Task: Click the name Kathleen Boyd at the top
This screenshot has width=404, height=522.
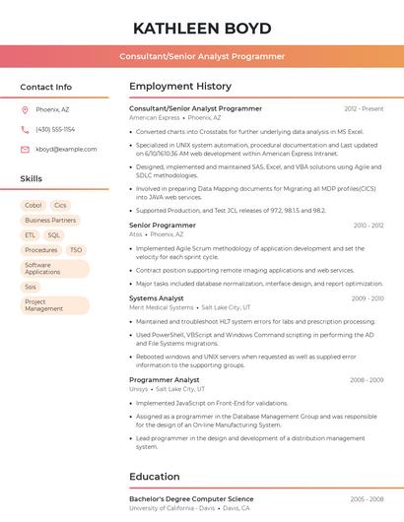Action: click(x=202, y=27)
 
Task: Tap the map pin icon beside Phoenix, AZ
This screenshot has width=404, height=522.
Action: click(x=25, y=110)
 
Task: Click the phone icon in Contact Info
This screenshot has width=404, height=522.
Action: click(x=25, y=129)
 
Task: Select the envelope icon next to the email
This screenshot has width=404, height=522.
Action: click(x=25, y=149)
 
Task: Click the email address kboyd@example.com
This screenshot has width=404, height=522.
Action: click(x=59, y=149)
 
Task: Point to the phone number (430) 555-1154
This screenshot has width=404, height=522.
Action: click(x=55, y=129)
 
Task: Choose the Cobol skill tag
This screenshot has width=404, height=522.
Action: click(x=33, y=205)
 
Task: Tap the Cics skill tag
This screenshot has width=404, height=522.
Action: click(x=61, y=205)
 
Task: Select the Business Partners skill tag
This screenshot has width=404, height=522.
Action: click(x=50, y=221)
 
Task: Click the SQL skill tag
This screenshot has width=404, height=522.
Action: click(x=54, y=235)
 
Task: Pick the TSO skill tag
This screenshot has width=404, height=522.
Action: click(x=76, y=250)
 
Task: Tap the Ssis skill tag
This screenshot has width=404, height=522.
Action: click(x=31, y=287)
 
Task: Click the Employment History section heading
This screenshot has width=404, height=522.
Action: click(x=180, y=87)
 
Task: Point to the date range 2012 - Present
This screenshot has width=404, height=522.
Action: click(x=364, y=108)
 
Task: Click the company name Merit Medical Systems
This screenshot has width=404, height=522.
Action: click(x=162, y=307)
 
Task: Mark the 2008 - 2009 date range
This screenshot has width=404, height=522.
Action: click(x=367, y=379)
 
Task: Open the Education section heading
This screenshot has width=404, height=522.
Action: click(x=154, y=477)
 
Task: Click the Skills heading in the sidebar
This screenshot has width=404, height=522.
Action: click(x=32, y=178)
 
